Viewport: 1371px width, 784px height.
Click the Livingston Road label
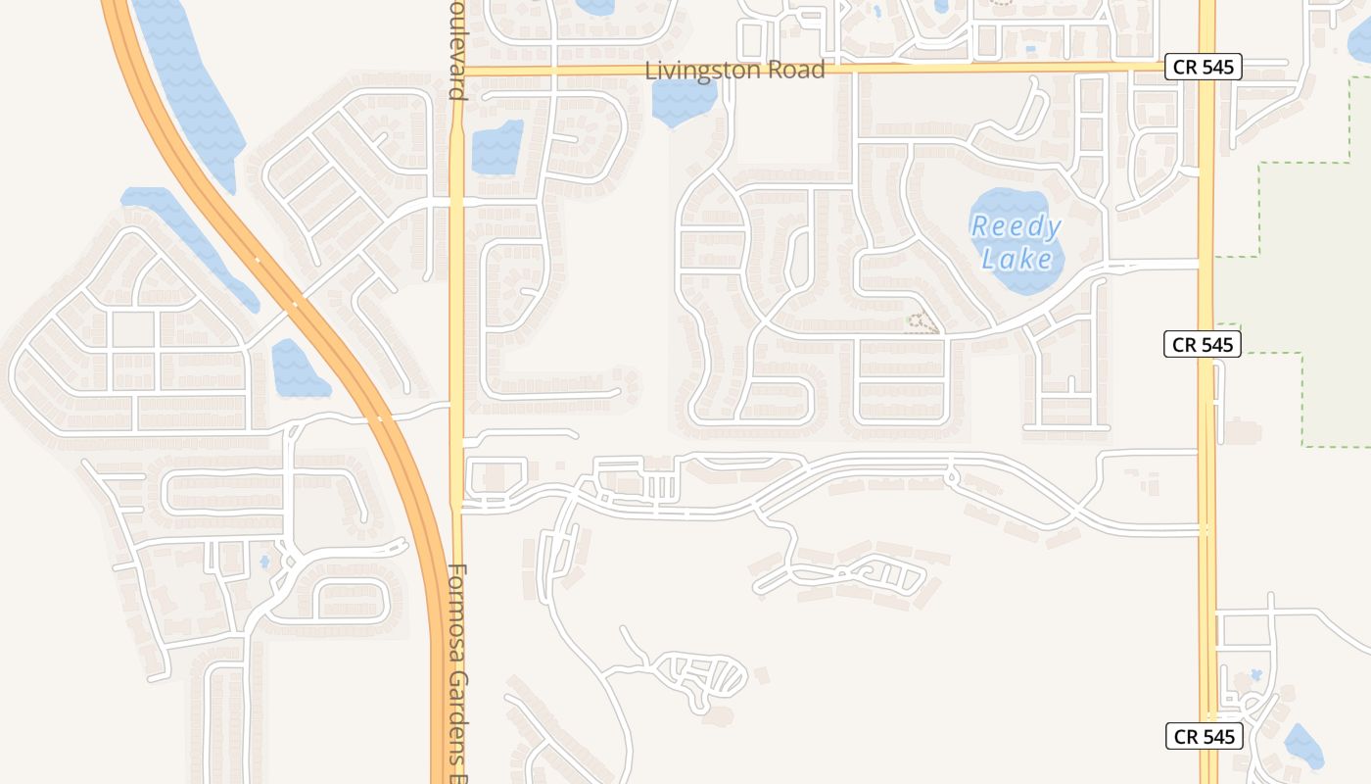click(734, 71)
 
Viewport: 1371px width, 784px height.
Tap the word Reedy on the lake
click(1016, 227)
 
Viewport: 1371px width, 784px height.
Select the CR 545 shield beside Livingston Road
click(1203, 68)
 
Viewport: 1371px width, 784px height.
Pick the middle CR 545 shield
click(1203, 344)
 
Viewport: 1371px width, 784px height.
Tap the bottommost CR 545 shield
click(1204, 736)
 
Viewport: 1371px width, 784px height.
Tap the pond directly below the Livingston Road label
click(684, 101)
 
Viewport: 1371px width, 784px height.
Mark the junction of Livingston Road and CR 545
click(1206, 68)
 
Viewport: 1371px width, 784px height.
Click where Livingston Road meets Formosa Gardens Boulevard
click(456, 72)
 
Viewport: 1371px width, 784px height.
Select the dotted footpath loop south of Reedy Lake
click(921, 322)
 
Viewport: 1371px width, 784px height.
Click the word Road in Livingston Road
click(797, 71)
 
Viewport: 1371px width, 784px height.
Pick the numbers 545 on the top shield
click(1217, 68)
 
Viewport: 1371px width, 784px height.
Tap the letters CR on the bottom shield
click(1185, 736)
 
